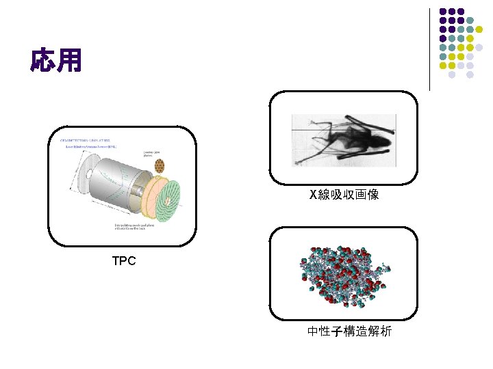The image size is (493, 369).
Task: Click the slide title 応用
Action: click(x=56, y=60)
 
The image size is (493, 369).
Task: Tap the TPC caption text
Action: click(x=124, y=260)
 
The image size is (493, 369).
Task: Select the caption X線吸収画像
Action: click(x=344, y=195)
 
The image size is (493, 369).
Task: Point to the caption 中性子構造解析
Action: click(x=349, y=331)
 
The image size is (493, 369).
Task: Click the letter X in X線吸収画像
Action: click(x=314, y=195)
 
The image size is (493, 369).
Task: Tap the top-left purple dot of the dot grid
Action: click(x=443, y=12)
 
